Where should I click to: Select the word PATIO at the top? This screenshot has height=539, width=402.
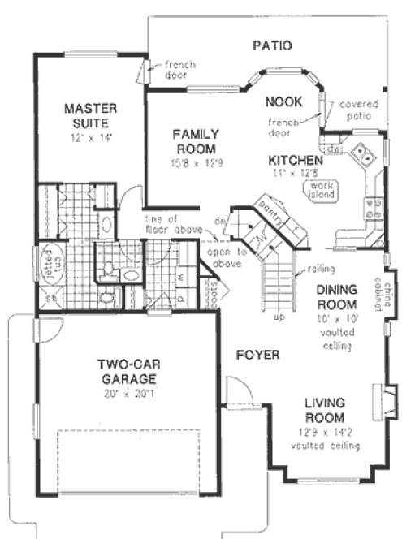tap(271, 46)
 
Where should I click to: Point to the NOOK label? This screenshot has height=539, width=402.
tap(284, 101)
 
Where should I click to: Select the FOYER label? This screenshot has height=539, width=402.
tap(258, 356)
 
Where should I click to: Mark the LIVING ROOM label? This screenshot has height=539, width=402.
tap(326, 409)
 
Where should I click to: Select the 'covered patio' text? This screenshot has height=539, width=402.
tap(357, 110)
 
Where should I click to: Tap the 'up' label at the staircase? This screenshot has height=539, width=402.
tap(279, 317)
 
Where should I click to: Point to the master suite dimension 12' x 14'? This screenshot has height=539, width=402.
tap(92, 138)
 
